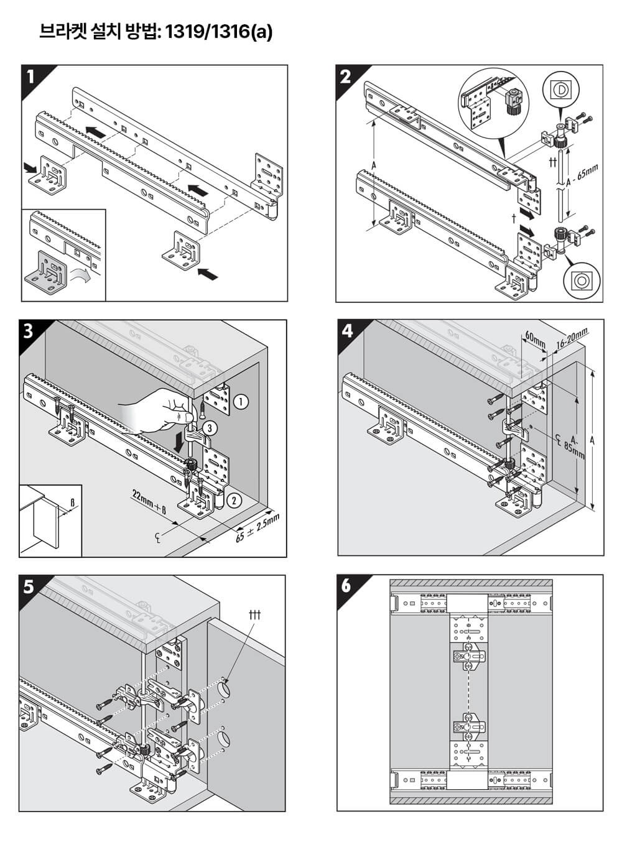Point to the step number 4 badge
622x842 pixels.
click(x=347, y=331)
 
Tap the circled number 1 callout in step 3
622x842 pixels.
click(x=241, y=402)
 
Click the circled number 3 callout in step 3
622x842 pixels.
click(x=211, y=428)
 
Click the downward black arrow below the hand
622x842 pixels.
click(x=180, y=442)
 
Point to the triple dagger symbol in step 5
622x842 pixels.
click(x=254, y=615)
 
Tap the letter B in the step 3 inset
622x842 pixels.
click(x=72, y=501)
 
